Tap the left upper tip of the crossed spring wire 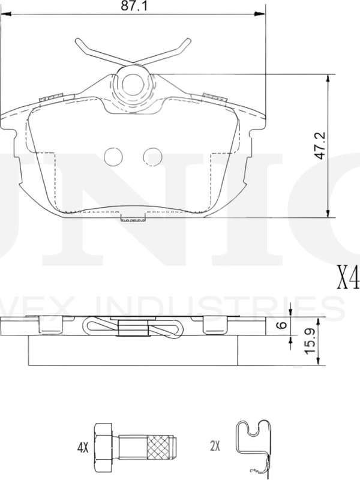[79, 42]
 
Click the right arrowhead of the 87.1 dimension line [262, 13]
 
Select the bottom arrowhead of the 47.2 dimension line [328, 214]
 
